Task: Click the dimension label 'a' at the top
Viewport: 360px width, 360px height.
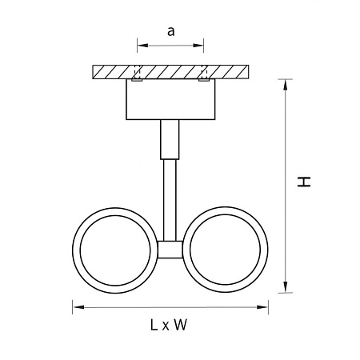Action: point(171,31)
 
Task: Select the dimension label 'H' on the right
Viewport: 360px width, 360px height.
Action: point(304,182)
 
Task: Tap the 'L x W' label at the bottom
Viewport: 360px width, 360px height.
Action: point(169,325)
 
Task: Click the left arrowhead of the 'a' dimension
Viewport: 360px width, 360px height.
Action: point(142,46)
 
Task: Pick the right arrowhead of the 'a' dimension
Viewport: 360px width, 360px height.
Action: point(198,46)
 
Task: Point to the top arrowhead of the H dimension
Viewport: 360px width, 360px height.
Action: point(286,85)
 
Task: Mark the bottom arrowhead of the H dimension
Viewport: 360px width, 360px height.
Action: point(286,287)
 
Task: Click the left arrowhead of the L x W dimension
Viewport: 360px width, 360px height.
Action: point(78,307)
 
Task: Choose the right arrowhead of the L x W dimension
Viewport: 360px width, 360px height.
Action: point(262,307)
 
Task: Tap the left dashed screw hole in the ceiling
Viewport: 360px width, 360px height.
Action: point(138,72)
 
